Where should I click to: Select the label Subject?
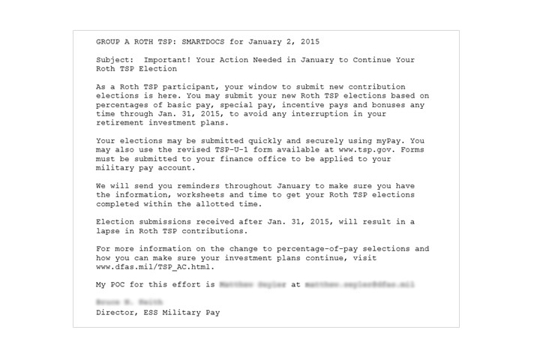(x=116, y=59)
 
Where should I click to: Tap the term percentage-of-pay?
(x=325, y=248)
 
